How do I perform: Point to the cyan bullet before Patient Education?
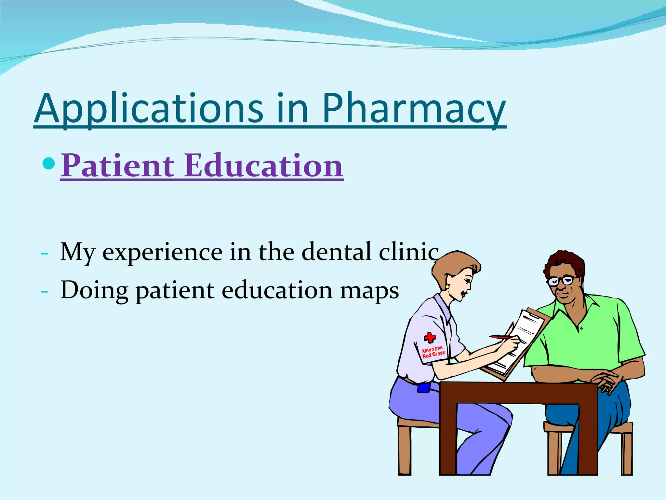(49, 163)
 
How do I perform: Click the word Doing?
(94, 290)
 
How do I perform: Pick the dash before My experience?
(45, 253)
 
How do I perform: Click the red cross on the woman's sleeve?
(430, 338)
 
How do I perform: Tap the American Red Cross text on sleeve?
(433, 352)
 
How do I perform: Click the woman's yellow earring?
(447, 286)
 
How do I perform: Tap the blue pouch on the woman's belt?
(424, 387)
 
